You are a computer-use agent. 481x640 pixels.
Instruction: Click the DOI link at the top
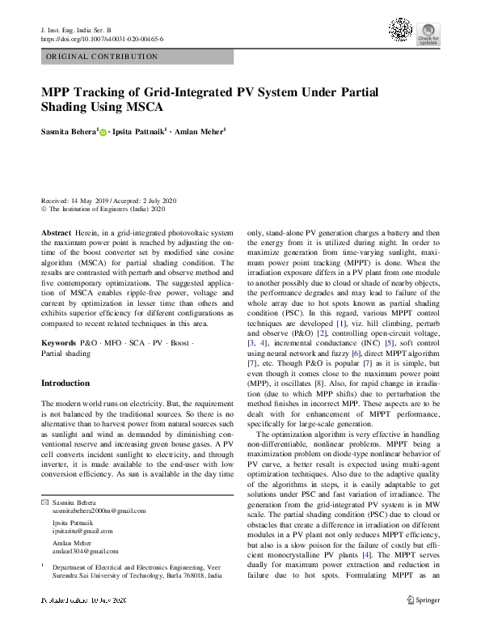point(102,38)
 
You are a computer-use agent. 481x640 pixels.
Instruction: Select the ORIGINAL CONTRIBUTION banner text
point(102,57)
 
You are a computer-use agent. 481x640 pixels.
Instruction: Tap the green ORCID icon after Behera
point(103,131)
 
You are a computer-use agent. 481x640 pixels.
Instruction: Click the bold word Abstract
point(55,232)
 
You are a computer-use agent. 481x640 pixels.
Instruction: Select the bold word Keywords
point(59,343)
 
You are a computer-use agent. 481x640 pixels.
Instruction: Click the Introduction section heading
point(65,384)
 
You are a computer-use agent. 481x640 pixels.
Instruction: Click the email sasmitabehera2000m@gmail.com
point(99,511)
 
